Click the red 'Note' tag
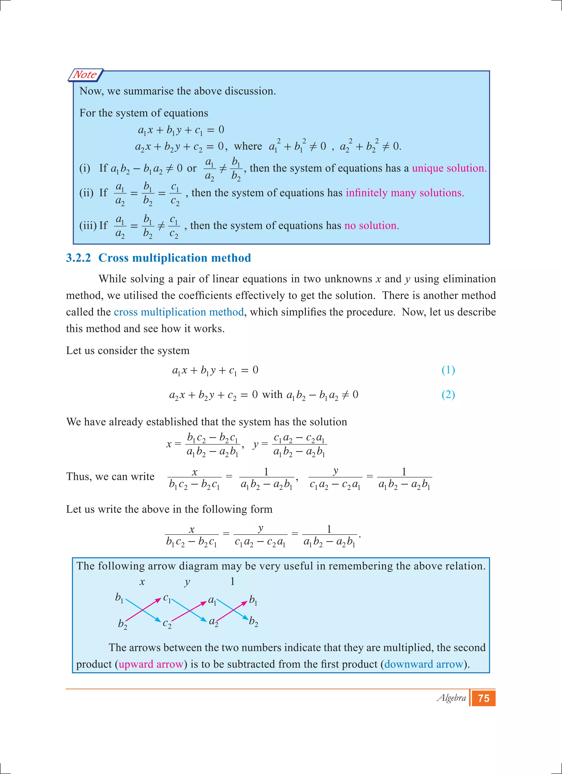85,75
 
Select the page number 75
484,698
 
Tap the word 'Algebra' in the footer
451,697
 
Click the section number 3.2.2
78,258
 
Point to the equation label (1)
448,370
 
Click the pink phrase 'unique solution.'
449,168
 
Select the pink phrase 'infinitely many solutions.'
404,193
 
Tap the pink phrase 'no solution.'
372,225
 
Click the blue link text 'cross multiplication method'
179,312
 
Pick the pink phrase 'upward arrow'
151,664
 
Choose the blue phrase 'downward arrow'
423,664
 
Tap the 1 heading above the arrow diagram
232,581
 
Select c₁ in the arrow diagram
167,598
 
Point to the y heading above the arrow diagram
187,583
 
